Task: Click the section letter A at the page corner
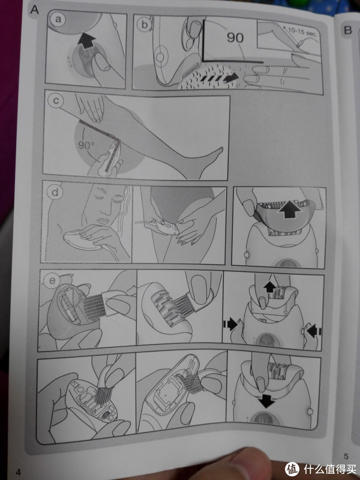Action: pyautogui.click(x=35, y=10)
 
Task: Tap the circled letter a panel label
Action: pyautogui.click(x=58, y=19)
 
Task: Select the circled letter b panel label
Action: pyautogui.click(x=144, y=23)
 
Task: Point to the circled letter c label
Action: pyautogui.click(x=56, y=100)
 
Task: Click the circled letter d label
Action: pyautogui.click(x=55, y=192)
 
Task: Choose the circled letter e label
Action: pyautogui.click(x=52, y=280)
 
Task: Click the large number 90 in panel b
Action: pyautogui.click(x=235, y=37)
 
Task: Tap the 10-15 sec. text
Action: pyautogui.click(x=302, y=32)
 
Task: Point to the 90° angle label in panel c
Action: pyautogui.click(x=86, y=145)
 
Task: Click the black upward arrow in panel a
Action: pyautogui.click(x=86, y=41)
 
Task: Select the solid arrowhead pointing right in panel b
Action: pyautogui.click(x=231, y=78)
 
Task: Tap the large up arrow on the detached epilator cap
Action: pyautogui.click(x=290, y=209)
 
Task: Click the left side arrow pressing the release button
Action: pyautogui.click(x=231, y=324)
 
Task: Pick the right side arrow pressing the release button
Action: pyautogui.click(x=313, y=331)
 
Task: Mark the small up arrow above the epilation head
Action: pyautogui.click(x=269, y=287)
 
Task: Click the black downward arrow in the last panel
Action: pyautogui.click(x=266, y=401)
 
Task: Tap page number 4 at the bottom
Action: pyautogui.click(x=19, y=472)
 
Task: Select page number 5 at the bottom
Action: pyautogui.click(x=346, y=456)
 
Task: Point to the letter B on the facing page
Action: pyautogui.click(x=348, y=30)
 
